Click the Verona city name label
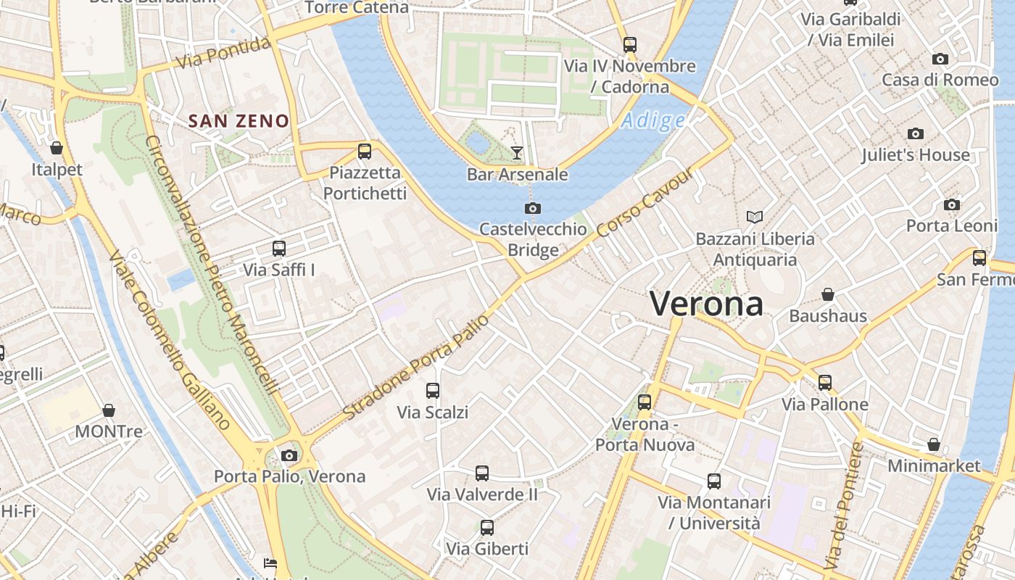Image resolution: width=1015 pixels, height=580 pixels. tap(706, 303)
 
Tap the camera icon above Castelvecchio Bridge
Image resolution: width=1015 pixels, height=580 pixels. tap(533, 209)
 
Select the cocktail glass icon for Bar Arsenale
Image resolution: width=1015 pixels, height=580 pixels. tap(516, 152)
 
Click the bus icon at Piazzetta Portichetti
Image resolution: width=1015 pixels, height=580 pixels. tap(365, 152)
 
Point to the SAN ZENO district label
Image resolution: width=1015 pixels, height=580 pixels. tap(239, 121)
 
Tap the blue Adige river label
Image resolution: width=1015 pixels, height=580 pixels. tap(652, 120)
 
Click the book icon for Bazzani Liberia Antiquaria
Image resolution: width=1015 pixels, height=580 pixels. tap(755, 217)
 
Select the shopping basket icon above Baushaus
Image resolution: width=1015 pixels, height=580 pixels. tap(827, 294)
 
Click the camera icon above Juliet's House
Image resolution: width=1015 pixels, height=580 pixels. tap(915, 133)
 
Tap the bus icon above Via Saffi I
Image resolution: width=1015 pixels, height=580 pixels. tap(279, 249)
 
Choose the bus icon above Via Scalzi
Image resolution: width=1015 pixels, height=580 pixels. tap(433, 391)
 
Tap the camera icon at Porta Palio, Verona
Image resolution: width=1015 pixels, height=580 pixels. tap(289, 455)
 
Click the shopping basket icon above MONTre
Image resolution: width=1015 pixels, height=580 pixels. tap(109, 410)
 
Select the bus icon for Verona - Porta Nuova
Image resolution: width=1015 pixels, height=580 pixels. tap(645, 402)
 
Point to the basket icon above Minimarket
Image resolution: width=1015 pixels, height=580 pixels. tap(934, 444)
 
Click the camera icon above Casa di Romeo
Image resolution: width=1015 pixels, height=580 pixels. tap(940, 59)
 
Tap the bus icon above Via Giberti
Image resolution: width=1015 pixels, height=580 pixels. tap(487, 528)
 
